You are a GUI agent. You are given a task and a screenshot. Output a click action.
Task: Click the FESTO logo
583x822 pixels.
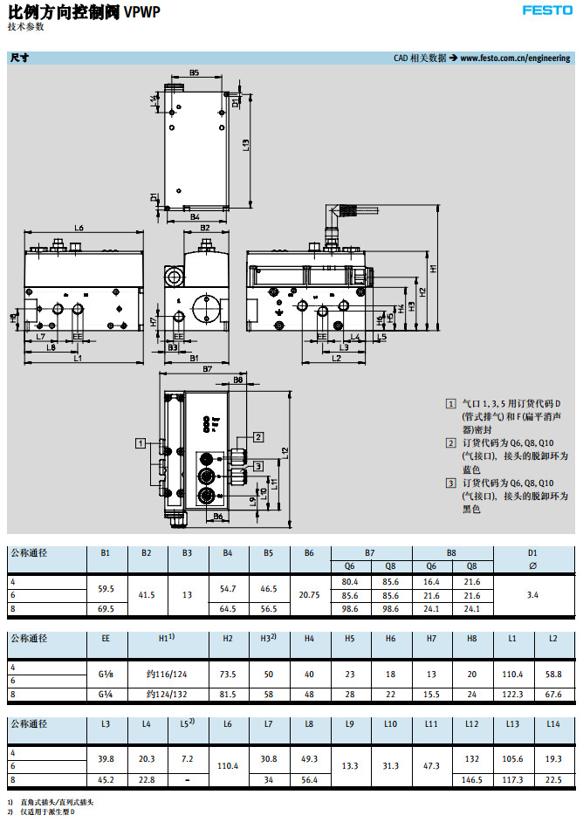tap(547, 10)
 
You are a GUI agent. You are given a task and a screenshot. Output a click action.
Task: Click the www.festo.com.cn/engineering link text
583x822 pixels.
tap(515, 58)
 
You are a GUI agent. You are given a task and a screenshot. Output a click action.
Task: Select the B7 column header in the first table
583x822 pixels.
tap(370, 552)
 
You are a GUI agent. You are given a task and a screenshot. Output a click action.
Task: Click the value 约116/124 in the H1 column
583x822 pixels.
tap(168, 675)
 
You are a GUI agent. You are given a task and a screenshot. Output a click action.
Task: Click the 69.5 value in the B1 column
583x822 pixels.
tap(106, 607)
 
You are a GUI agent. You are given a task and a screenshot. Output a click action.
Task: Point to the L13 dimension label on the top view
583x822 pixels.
tap(247, 147)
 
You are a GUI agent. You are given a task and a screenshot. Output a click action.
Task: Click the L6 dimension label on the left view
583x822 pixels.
tap(79, 228)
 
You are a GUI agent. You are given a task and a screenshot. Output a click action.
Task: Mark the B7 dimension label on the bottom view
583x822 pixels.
tap(208, 370)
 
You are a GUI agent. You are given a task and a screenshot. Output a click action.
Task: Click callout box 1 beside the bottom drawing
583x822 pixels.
tap(140, 443)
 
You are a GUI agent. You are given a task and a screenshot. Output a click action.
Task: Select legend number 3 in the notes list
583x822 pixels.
tap(450, 483)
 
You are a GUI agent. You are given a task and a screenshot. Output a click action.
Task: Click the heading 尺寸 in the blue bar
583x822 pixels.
tap(19, 58)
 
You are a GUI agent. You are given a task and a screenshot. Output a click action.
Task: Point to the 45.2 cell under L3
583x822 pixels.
tap(106, 778)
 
